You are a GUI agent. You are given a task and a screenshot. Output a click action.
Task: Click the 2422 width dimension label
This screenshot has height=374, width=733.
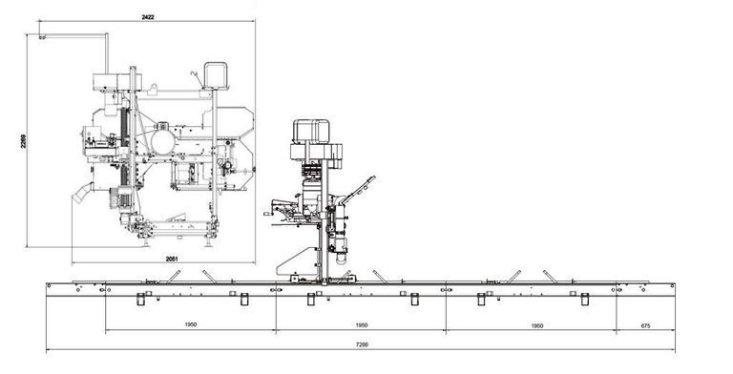(149, 16)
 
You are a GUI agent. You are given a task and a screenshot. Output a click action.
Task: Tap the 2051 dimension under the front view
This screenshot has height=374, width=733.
(172, 258)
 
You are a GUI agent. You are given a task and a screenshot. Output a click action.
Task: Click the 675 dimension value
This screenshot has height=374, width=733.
(645, 325)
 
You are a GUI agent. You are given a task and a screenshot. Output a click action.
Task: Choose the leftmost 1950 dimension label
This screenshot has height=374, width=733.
(190, 325)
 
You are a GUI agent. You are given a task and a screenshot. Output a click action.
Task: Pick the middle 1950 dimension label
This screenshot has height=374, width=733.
(361, 325)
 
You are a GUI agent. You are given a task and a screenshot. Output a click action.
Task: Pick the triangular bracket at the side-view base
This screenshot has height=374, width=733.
(304, 260)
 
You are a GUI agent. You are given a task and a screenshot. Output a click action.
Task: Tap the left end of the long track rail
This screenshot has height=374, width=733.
(51, 286)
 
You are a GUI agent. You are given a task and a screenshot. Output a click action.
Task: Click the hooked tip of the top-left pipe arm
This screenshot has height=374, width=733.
(41, 37)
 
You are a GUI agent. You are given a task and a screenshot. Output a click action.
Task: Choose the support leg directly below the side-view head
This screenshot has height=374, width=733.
(312, 300)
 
